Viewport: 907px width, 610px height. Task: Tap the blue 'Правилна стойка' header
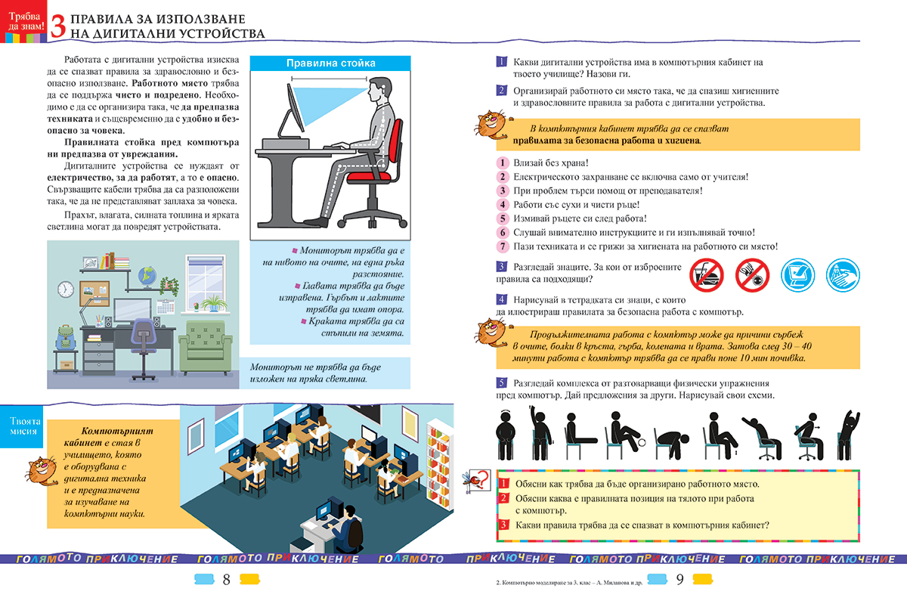pyautogui.click(x=330, y=63)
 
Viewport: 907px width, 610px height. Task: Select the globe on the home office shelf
pyautogui.click(x=148, y=277)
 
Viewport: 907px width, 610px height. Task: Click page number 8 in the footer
pyautogui.click(x=226, y=581)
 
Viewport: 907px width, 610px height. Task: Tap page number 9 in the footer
pyautogui.click(x=679, y=581)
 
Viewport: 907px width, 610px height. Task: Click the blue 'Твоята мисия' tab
pyautogui.click(x=23, y=427)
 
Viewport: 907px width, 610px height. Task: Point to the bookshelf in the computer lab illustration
pyautogui.click(x=438, y=461)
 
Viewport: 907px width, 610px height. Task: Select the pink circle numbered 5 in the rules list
pyautogui.click(x=501, y=218)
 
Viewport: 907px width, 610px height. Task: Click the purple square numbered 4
pyautogui.click(x=501, y=300)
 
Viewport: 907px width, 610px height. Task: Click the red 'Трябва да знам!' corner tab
pyautogui.click(x=23, y=19)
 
